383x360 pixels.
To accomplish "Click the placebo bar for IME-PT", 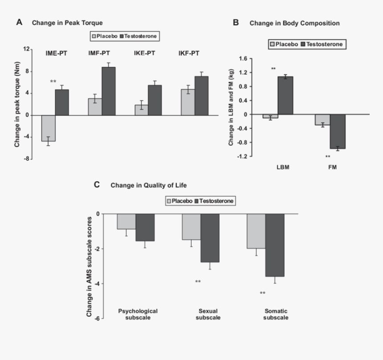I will coord(48,128).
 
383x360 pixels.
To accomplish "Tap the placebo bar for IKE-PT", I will coord(141,110).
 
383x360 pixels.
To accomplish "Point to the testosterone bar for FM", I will coord(337,131).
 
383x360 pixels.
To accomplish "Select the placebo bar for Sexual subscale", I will coord(191,227).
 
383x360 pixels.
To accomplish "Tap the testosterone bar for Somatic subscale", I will coord(275,245).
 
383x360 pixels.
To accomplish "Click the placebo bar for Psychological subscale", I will coord(126,221).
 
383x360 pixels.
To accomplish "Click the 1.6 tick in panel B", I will coord(243,59).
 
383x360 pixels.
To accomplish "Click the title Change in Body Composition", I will coord(294,23).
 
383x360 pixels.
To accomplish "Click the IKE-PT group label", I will coord(145,53).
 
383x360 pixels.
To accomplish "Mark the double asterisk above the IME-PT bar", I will coord(53,82).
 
